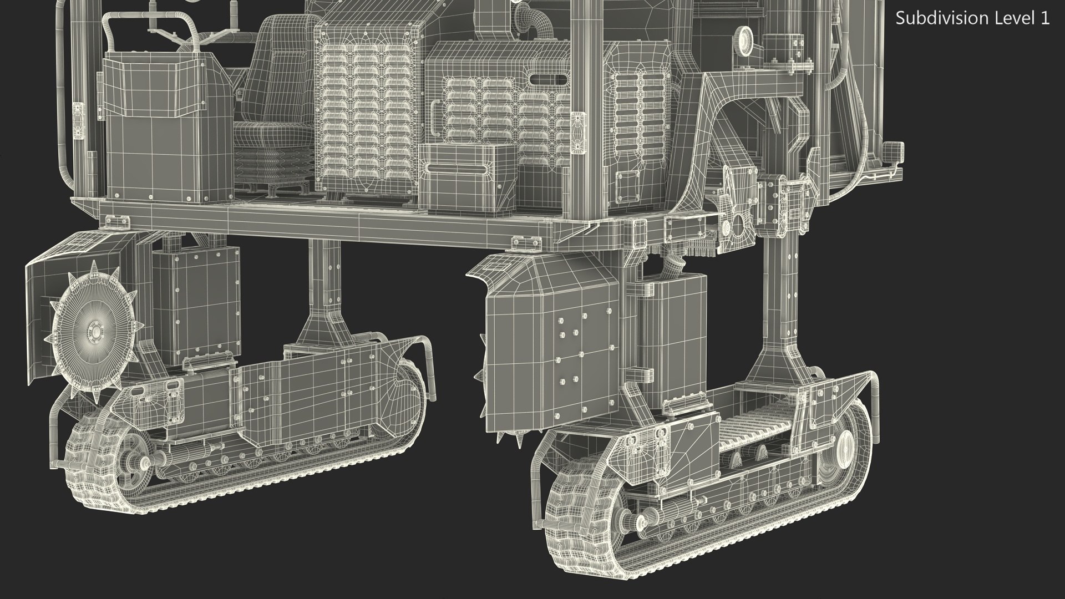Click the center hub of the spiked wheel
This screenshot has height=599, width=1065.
point(95,332)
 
